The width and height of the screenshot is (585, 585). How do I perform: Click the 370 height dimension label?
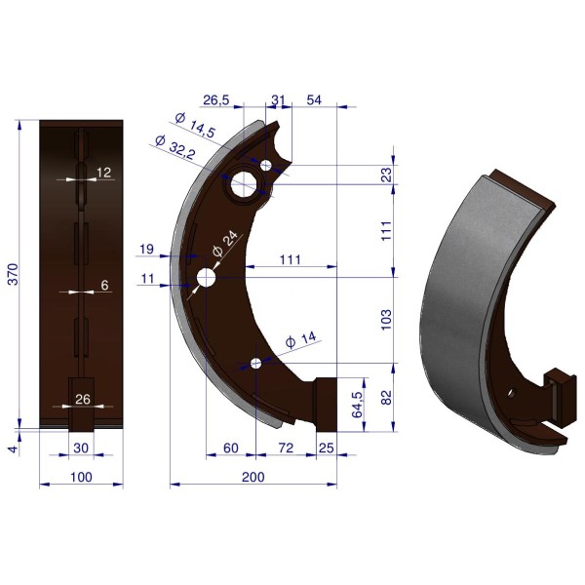pyautogui.click(x=14, y=274)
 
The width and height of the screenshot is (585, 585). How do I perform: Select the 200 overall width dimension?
pyautogui.click(x=253, y=477)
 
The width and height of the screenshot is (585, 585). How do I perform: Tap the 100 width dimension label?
pyautogui.click(x=81, y=477)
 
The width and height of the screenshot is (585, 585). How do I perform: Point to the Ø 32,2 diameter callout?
pyautogui.click(x=175, y=147)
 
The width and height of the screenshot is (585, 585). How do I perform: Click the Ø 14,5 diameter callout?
pyautogui.click(x=195, y=125)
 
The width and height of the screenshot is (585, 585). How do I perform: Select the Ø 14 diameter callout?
pyautogui.click(x=300, y=340)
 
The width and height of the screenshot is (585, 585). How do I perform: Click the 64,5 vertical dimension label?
pyautogui.click(x=358, y=405)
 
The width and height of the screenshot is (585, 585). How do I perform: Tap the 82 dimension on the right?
pyautogui.click(x=387, y=398)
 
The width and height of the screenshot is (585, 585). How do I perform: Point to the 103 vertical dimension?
pyautogui.click(x=386, y=320)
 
